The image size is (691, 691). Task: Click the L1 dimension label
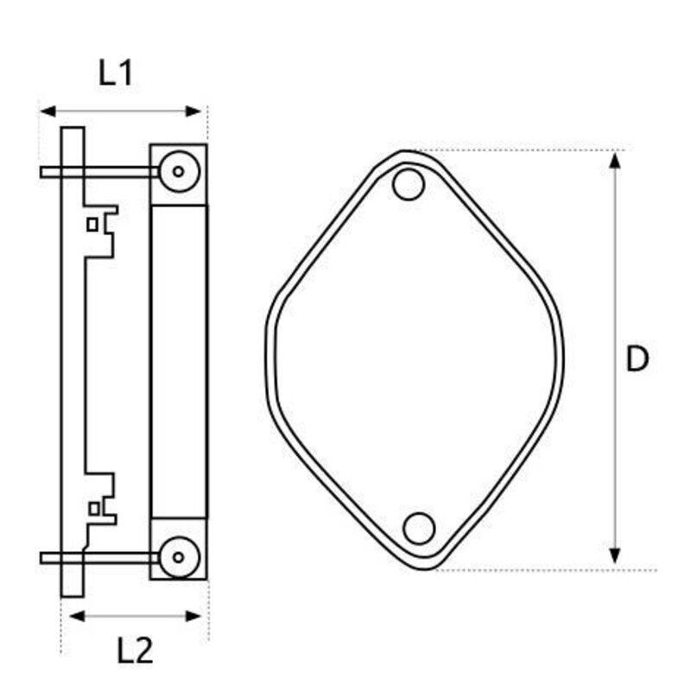click(115, 73)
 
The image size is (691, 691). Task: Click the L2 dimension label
click(135, 650)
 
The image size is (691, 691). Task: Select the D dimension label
click(637, 359)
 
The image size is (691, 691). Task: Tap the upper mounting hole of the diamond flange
click(408, 184)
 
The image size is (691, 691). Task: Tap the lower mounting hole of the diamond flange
click(419, 528)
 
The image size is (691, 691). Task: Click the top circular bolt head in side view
click(178, 171)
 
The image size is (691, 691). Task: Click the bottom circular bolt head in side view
click(178, 553)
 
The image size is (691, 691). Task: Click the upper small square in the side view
click(92, 225)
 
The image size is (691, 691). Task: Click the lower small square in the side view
click(92, 507)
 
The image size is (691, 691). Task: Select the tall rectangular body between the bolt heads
click(179, 361)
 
